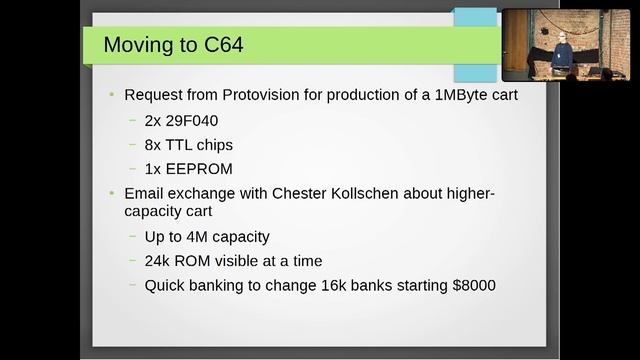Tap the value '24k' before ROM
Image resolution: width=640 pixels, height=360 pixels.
159,261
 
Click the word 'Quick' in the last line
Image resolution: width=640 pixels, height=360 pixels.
165,285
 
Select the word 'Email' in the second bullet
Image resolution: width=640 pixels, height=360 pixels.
146,192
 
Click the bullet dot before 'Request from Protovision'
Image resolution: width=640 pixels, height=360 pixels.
112,95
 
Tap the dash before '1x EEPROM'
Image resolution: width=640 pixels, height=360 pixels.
133,167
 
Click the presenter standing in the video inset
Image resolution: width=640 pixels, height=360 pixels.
563,51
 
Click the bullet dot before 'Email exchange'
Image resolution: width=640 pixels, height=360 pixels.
112,192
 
